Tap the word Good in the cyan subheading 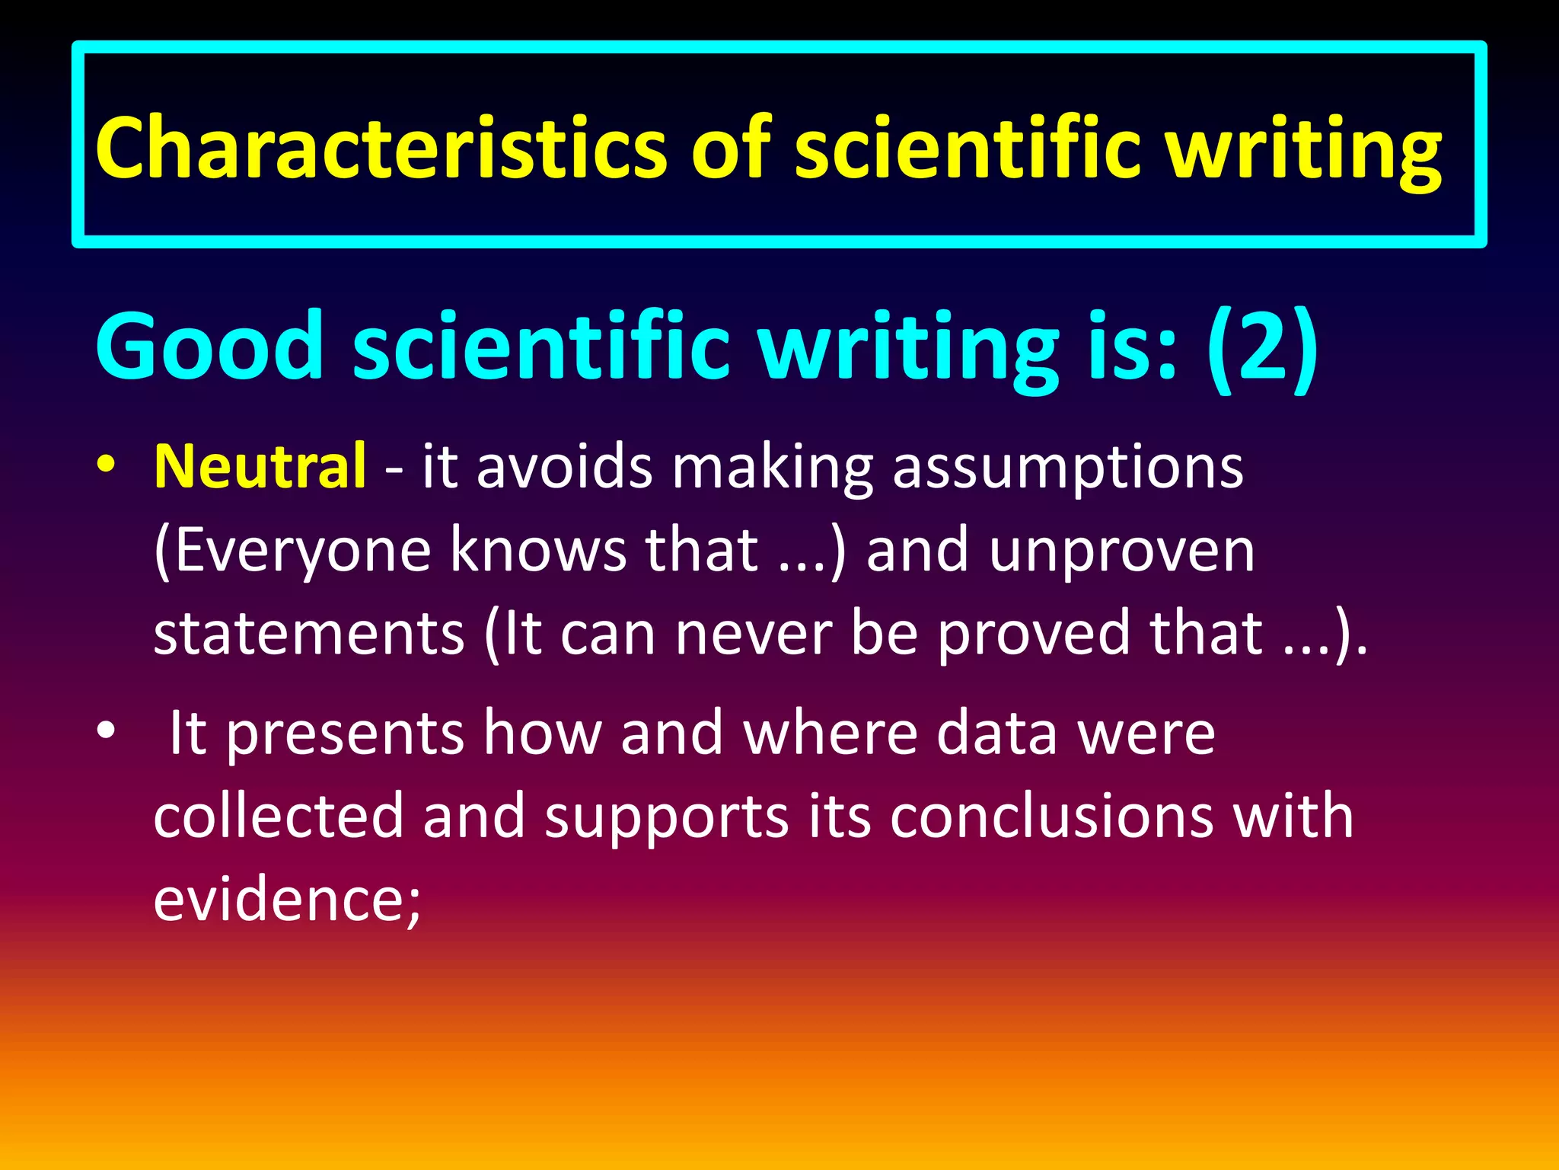pos(210,347)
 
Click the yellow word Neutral pos(260,465)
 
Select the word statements pos(308,633)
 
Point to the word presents pos(346,734)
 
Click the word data pos(996,732)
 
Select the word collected pos(279,816)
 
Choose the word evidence pos(285,899)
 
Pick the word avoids pos(564,465)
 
